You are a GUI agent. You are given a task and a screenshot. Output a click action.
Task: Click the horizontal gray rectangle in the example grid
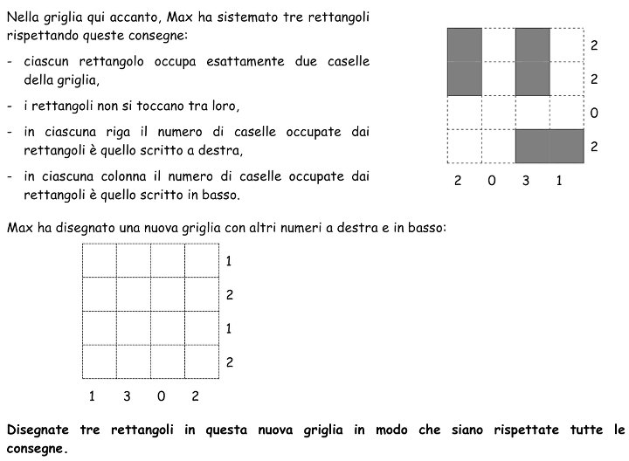click(549, 146)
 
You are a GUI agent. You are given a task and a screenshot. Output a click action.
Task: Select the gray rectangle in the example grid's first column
click(464, 61)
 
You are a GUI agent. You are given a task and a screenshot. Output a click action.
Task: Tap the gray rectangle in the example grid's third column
click(532, 61)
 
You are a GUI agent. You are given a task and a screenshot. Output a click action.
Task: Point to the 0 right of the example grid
click(593, 113)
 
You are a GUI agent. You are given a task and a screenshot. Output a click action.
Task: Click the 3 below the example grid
click(525, 182)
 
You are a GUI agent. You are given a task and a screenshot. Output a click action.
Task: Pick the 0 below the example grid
click(492, 182)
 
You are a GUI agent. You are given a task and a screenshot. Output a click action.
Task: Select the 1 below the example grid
click(559, 182)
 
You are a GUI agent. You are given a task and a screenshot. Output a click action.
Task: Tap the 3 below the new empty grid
click(127, 396)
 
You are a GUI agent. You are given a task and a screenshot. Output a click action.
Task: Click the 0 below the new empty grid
click(162, 396)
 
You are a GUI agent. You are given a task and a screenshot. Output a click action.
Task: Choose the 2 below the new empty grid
click(196, 396)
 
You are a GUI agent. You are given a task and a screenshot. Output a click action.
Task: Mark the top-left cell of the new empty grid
click(100, 260)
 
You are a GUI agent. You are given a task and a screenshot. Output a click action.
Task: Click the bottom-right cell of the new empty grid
click(202, 362)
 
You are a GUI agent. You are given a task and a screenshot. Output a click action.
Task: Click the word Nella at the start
click(23, 17)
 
